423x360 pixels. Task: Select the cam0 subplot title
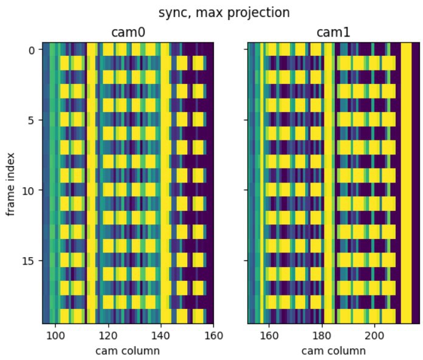[x=128, y=32]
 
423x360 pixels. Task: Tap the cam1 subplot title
[x=334, y=32]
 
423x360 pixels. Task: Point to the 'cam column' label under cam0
[x=128, y=350]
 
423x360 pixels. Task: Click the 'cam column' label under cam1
[x=334, y=350]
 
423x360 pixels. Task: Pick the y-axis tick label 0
[x=32, y=49]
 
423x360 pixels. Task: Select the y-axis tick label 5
[x=32, y=120]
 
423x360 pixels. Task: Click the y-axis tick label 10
[x=29, y=190]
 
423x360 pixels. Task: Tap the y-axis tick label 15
[x=29, y=261]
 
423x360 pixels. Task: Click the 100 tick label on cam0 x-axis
[x=55, y=335]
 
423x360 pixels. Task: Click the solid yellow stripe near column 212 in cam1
[x=405, y=182]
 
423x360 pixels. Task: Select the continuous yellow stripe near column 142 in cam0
[x=167, y=182]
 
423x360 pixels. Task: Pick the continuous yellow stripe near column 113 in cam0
[x=92, y=182]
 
